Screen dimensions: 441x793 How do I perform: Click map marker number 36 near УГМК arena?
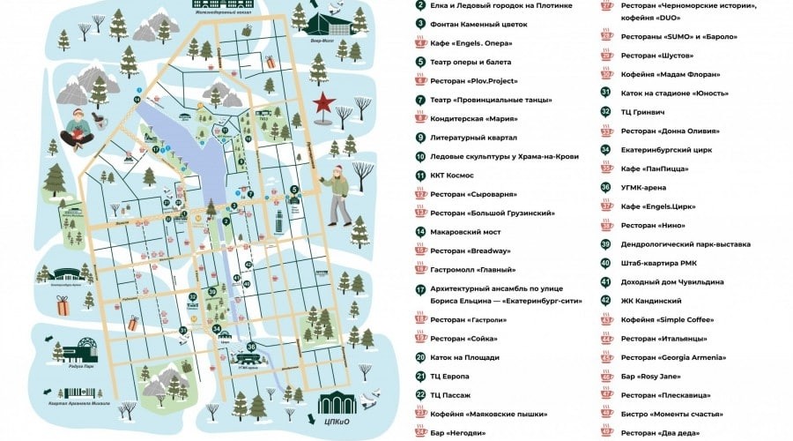(251, 347)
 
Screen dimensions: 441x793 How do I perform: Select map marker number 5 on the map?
(294, 189)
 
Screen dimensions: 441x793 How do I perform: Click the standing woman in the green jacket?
(340, 196)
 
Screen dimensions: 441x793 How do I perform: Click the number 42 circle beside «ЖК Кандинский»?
(605, 301)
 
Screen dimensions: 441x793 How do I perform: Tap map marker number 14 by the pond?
(137, 101)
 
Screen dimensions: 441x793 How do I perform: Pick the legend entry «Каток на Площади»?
(464, 357)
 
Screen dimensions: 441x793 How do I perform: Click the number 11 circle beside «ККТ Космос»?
(420, 175)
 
